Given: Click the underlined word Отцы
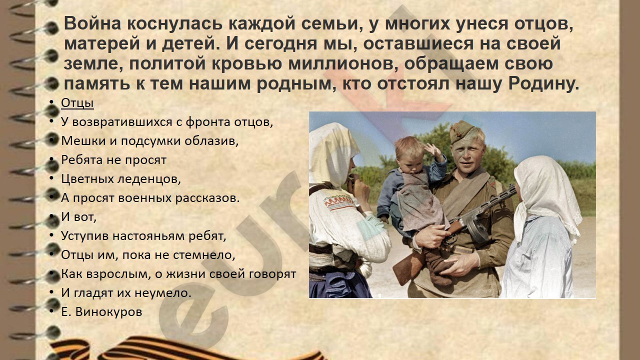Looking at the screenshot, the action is pyautogui.click(x=77, y=103).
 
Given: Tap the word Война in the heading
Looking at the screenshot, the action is pyautogui.click(x=93, y=23).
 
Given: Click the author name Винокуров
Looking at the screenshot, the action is pyautogui.click(x=109, y=311).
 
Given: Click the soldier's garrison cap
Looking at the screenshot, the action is pyautogui.click(x=463, y=131).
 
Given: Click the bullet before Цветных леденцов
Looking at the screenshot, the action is pyautogui.click(x=51, y=178).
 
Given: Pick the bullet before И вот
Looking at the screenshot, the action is pyautogui.click(x=51, y=216).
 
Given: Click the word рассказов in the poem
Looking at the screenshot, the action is pyautogui.click(x=207, y=198).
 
